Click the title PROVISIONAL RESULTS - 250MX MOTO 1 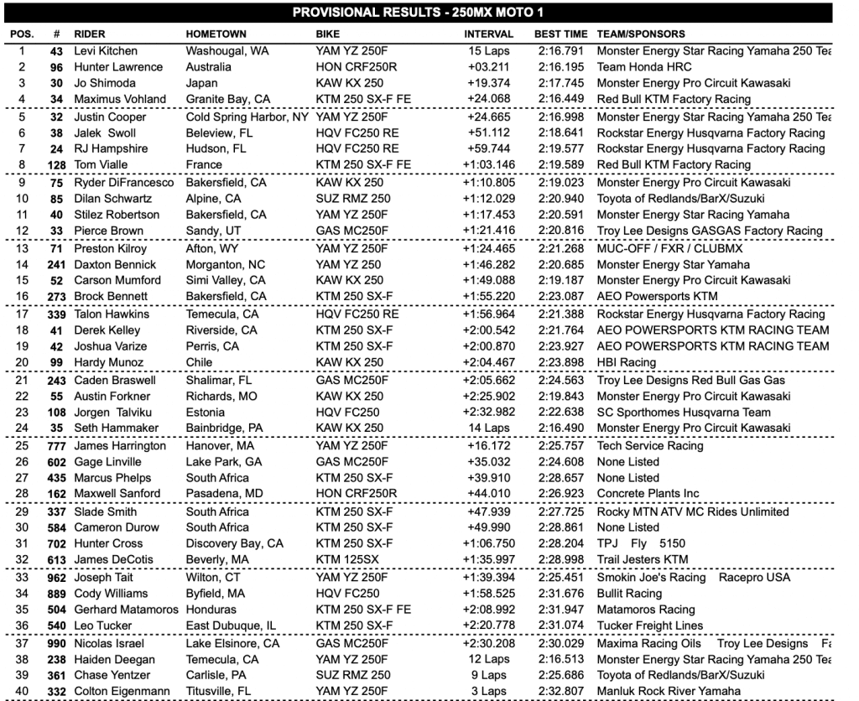pos(429,13)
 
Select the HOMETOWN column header pos(216,34)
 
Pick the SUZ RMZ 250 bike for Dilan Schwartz pos(353,198)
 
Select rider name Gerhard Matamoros pos(127,610)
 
